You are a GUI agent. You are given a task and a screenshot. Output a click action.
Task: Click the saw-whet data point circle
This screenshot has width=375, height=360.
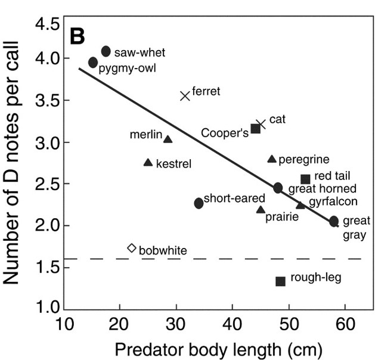coord(106,52)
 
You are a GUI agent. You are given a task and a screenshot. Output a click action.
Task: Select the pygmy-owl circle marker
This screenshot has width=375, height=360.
coord(93,63)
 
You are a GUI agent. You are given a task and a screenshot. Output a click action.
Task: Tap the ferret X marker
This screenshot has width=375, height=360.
coord(185,95)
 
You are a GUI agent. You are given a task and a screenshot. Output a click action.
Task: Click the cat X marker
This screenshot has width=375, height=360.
coord(261,124)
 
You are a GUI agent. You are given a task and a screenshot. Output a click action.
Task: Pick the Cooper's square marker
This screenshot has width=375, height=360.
coord(256,128)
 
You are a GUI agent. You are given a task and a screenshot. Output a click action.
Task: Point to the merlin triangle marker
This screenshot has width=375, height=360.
coord(168,139)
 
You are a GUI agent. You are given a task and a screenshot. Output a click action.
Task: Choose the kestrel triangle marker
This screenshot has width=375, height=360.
coord(148,163)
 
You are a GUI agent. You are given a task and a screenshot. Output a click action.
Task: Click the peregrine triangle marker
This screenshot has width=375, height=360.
coord(272,159)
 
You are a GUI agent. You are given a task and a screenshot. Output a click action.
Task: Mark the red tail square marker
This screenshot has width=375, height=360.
coord(305,179)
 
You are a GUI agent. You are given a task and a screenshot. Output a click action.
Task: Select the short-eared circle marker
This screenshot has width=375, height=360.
coord(199,203)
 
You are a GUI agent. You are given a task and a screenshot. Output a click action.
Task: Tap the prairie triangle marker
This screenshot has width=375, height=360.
coord(261,210)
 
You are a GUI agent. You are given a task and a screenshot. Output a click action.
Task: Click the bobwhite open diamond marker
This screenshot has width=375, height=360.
coord(132,248)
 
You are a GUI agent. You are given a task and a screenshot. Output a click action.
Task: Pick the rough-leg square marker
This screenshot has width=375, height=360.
coord(280,281)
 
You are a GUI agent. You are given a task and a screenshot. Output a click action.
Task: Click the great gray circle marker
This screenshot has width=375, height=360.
coord(334,221)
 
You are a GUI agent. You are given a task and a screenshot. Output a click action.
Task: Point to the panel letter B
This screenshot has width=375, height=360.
coord(78,36)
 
